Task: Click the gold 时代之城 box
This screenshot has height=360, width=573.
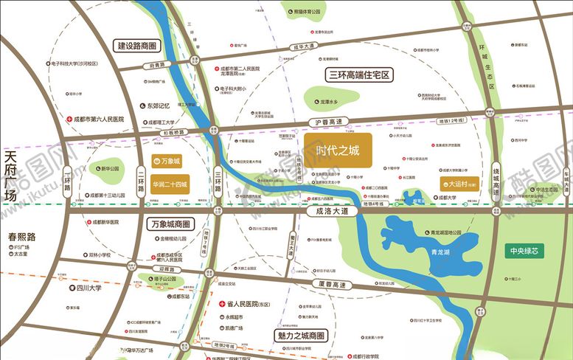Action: point(337,150)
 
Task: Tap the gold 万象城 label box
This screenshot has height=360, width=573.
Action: point(167,160)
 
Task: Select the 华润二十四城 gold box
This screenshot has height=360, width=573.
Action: point(170,184)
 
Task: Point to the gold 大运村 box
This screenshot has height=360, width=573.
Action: point(458,184)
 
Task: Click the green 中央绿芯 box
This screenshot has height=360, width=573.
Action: point(527,250)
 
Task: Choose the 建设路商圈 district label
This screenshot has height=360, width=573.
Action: point(138,46)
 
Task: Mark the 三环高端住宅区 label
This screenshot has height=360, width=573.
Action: point(358,75)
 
